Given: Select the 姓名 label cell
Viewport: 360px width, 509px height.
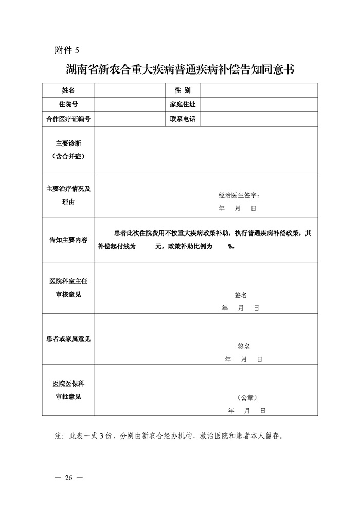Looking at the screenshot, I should click(68, 90).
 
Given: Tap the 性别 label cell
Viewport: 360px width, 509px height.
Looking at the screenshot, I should click(182, 90).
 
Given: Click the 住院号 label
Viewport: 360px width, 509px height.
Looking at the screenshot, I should click(68, 105).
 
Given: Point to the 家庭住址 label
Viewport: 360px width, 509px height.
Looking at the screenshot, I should click(182, 105).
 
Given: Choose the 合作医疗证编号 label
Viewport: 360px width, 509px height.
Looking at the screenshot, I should click(68, 119).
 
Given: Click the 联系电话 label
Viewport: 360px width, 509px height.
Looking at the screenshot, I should click(182, 119).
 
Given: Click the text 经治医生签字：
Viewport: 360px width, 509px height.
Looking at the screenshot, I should click(240, 195).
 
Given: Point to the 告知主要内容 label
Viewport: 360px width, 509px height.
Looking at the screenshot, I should click(68, 240).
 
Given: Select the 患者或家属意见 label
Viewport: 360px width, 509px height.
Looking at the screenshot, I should click(68, 339).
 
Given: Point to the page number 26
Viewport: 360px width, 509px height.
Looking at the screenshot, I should click(68, 478).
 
